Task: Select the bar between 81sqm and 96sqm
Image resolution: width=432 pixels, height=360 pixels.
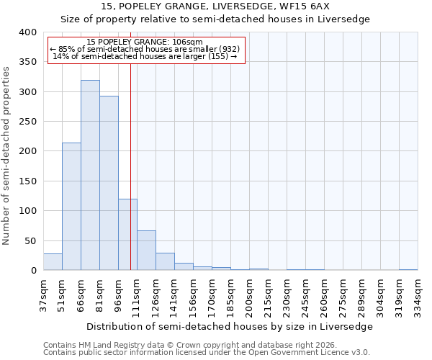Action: tap(109, 183)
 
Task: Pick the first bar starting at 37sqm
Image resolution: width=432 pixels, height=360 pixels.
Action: tap(53, 262)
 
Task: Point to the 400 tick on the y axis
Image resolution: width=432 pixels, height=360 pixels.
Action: tap(27, 32)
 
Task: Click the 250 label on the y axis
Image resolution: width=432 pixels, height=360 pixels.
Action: tap(27, 122)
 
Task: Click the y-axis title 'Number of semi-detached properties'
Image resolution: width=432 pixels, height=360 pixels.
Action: tap(6, 155)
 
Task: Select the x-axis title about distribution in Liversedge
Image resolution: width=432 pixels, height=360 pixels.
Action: tap(230, 326)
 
